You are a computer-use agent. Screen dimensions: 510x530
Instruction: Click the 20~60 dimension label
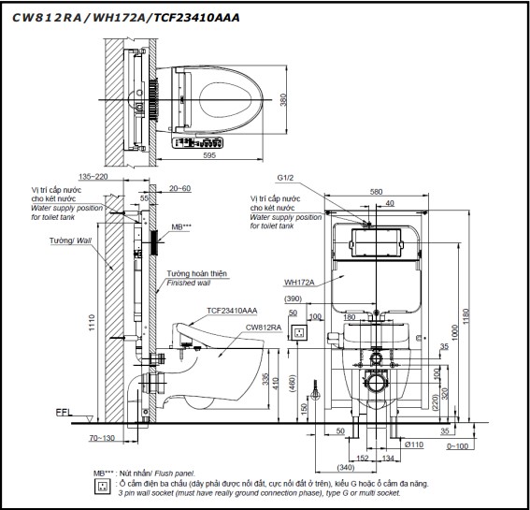click(x=180, y=187)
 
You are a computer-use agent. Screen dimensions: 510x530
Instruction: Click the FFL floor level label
click(x=63, y=411)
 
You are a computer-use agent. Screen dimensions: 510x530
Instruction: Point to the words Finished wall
click(x=187, y=281)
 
